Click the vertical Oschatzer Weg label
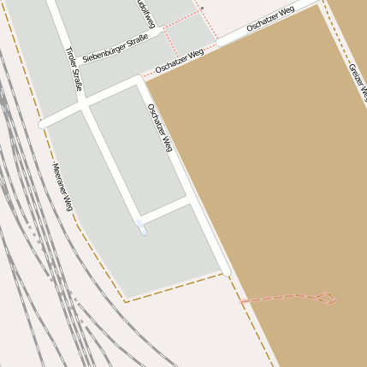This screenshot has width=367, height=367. click(160, 128)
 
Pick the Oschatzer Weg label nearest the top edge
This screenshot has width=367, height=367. click(270, 19)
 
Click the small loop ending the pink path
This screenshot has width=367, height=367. click(327, 299)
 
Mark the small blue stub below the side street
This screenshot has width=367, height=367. click(141, 228)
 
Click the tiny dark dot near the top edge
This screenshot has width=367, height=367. click(203, 7)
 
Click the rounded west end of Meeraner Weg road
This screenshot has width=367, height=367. click(42, 123)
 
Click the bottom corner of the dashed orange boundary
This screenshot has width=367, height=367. click(126, 301)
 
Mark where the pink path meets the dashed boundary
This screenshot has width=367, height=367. click(241, 301)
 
